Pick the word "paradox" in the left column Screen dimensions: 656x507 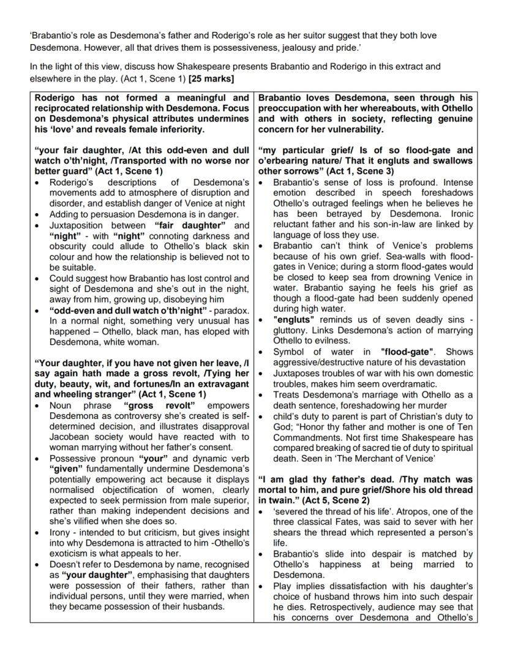click(x=220, y=311)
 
